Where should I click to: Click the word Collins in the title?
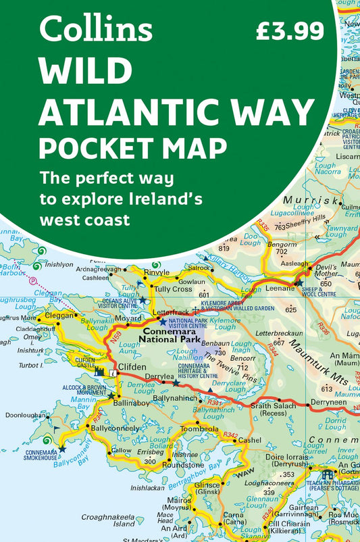point(96,30)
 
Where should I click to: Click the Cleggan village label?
point(59,315)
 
